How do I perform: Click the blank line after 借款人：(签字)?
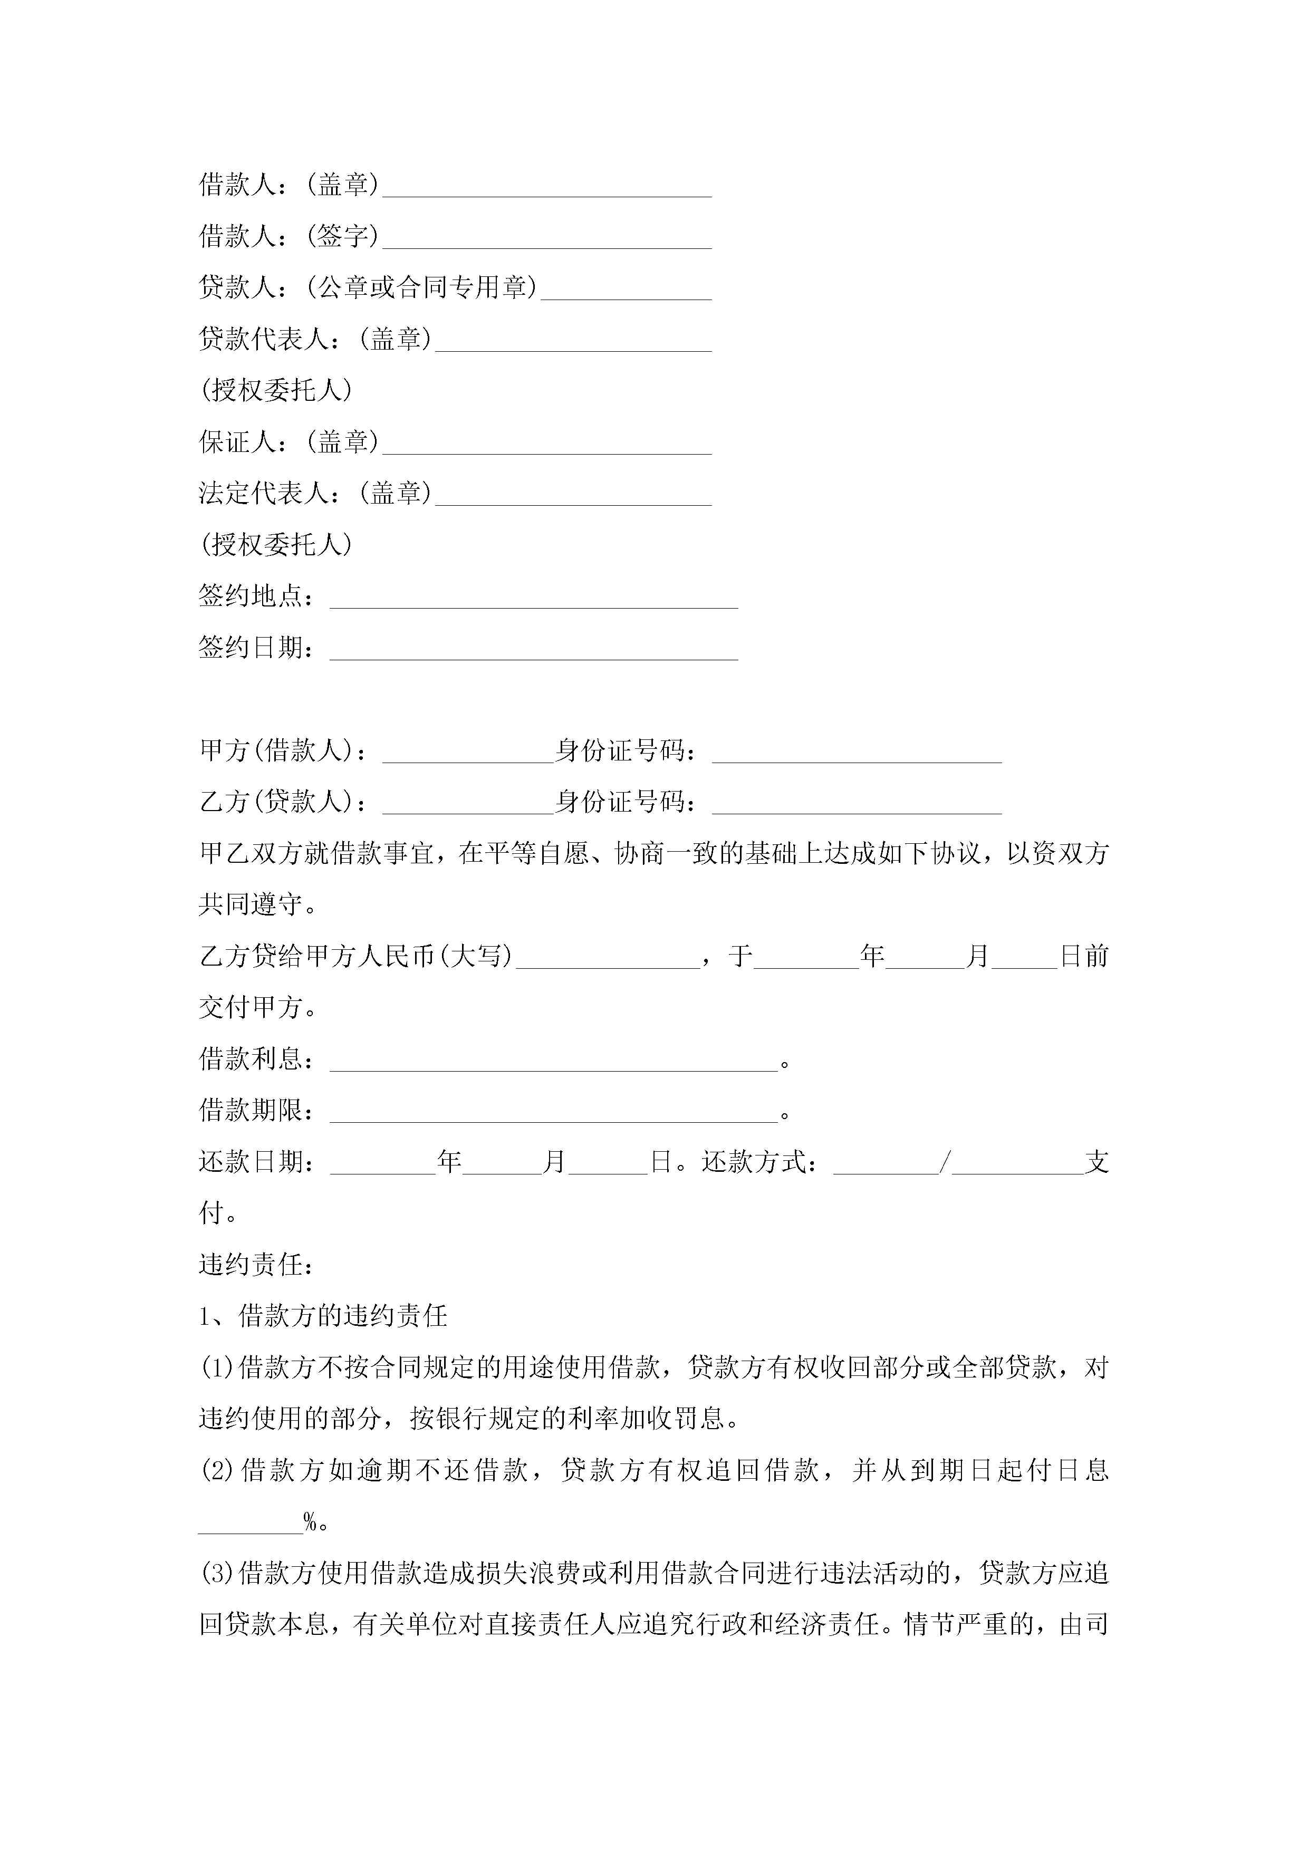pyautogui.click(x=546, y=242)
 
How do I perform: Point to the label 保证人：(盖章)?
pyautogui.click(x=288, y=441)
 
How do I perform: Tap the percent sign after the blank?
pyautogui.click(x=310, y=1522)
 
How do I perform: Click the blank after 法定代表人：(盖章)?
pyautogui.click(x=573, y=499)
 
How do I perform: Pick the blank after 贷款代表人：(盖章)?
pyautogui.click(x=573, y=345)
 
